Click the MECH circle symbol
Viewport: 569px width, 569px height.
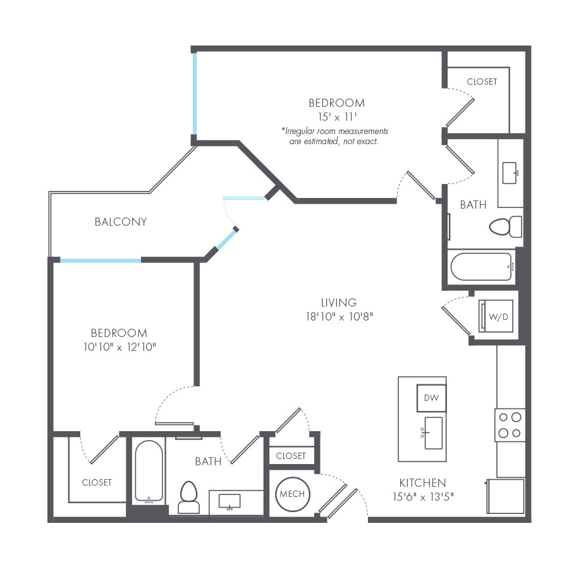(x=292, y=494)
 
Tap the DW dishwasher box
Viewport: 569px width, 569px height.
(x=431, y=398)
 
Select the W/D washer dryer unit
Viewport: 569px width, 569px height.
(x=498, y=317)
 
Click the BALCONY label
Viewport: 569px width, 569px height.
(x=121, y=222)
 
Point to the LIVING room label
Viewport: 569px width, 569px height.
(x=338, y=303)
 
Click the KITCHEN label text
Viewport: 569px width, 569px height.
(x=422, y=482)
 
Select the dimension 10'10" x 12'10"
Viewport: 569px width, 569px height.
(x=119, y=347)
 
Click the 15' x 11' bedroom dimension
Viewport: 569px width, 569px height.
(x=337, y=116)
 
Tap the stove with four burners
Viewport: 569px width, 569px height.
(x=510, y=425)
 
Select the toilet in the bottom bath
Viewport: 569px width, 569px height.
(x=189, y=497)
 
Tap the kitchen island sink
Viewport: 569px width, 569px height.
(x=433, y=432)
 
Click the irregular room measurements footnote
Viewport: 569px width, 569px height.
(x=334, y=136)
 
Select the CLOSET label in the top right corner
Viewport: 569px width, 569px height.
(x=482, y=82)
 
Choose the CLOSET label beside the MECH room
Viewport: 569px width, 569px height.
(x=291, y=456)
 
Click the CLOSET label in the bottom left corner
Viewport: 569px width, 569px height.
(x=97, y=482)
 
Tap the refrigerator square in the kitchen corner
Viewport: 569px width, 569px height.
(x=505, y=496)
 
